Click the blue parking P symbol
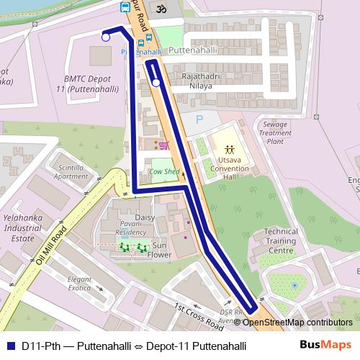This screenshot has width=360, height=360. coord(199,120)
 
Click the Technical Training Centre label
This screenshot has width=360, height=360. coord(280,240)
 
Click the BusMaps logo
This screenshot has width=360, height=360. coord(326,346)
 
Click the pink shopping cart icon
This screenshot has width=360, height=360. coord(163,145)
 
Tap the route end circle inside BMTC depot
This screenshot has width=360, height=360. coord(106,37)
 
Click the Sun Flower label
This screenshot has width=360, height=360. coord(159,250)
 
